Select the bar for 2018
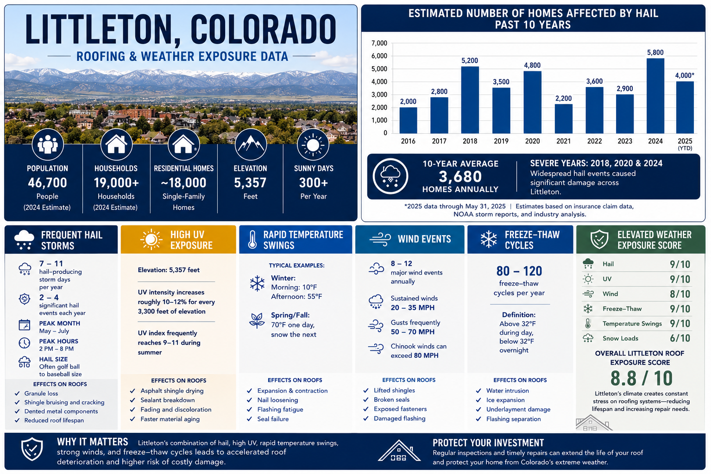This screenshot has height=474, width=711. [x=470, y=100]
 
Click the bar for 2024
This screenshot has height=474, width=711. [x=655, y=96]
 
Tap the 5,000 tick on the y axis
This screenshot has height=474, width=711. [x=379, y=69]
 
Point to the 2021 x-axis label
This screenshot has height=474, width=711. [x=563, y=141]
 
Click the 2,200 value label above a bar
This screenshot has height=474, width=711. [x=563, y=98]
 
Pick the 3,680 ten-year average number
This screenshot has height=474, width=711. [x=460, y=177]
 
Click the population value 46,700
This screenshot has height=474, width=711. [x=47, y=183]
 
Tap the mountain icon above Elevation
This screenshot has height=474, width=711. [x=251, y=145]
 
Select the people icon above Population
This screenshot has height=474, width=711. [x=48, y=145]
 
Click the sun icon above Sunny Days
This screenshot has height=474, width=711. [x=313, y=145]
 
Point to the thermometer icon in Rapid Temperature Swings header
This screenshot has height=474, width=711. [x=252, y=239]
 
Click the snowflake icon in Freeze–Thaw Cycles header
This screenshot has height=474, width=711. [x=489, y=239]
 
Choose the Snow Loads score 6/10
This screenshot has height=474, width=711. [x=680, y=338]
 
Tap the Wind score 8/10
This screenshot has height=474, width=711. [x=680, y=294]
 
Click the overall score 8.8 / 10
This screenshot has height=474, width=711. [x=641, y=378]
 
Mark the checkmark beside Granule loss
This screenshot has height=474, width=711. [x=17, y=393]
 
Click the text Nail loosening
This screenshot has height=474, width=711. [x=277, y=400]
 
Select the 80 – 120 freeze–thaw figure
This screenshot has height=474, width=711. [x=519, y=271]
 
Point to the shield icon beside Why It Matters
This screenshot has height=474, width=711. [x=32, y=449]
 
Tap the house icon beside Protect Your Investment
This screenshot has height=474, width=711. [x=399, y=450]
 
